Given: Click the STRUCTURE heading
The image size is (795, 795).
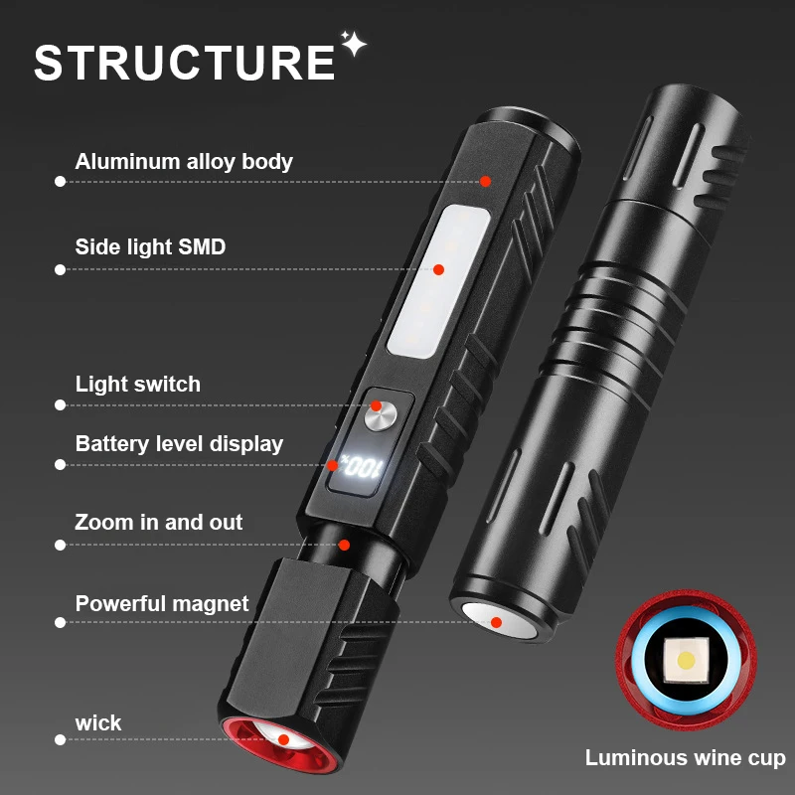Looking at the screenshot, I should coord(185,62).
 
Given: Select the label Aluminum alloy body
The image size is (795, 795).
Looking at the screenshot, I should coord(184,161).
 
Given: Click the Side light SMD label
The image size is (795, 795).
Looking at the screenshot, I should coord(150,246).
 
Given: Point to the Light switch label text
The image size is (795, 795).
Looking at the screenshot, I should coord(138,384).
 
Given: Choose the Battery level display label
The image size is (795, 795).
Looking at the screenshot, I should coord(179,443).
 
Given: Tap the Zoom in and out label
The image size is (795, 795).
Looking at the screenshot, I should coord(159,522).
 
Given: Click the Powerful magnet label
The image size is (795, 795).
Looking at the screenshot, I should coord(162,603).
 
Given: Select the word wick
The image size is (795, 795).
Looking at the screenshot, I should coord(98,722).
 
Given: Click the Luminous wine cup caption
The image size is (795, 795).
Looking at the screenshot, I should coord(685,758).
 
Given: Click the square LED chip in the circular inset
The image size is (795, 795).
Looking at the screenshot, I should coord(684,660).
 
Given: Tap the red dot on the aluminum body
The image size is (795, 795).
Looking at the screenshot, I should coord(486,181).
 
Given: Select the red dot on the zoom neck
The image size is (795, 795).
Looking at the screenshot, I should coord(345,545).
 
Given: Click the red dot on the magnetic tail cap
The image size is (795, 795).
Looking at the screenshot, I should coord(495,622).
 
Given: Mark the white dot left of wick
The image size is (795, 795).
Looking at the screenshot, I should coord(60,739).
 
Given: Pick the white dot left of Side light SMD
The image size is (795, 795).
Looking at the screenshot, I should coord(60,269).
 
